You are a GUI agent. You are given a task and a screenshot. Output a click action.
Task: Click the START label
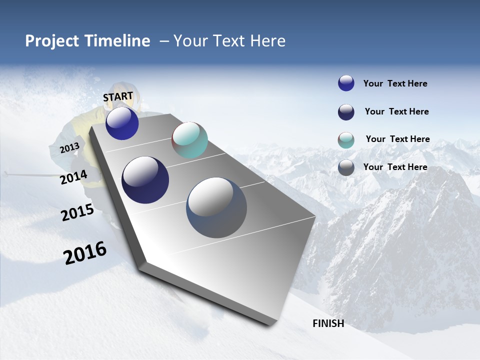pyautogui.click(x=118, y=96)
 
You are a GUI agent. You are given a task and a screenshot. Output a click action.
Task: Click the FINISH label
pyautogui.click(x=328, y=323)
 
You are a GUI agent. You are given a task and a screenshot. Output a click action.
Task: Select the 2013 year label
pyautogui.click(x=69, y=148)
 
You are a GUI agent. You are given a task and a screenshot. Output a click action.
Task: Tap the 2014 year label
pyautogui.click(x=73, y=177)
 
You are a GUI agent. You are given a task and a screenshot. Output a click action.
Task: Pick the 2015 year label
pyautogui.click(x=77, y=212)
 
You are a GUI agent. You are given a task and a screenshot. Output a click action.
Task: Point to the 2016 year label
pyautogui.click(x=85, y=253)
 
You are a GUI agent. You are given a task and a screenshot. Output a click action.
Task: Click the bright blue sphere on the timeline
pyautogui.click(x=122, y=123)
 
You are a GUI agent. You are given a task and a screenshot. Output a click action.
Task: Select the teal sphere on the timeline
pyautogui.click(x=189, y=140)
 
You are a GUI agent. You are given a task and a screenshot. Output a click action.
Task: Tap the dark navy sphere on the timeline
pyautogui.click(x=145, y=180)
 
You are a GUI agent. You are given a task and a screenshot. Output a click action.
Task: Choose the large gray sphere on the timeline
pyautogui.click(x=216, y=207)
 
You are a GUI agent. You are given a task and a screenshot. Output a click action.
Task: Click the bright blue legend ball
pyautogui.click(x=346, y=83)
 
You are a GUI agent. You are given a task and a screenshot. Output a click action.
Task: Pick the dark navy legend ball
pyautogui.click(x=346, y=112)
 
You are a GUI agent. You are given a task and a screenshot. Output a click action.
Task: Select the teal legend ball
pyautogui.click(x=346, y=140)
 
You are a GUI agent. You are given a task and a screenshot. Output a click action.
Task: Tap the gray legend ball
pyautogui.click(x=346, y=167)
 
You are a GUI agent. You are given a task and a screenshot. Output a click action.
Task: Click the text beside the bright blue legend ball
pyautogui.click(x=395, y=83)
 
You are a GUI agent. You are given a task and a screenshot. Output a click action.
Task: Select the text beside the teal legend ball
pyautogui.click(x=397, y=139)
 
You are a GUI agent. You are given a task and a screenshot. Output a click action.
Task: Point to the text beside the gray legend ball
pyautogui.click(x=395, y=167)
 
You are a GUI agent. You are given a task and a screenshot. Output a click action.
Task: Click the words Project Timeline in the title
pyautogui.click(x=87, y=41)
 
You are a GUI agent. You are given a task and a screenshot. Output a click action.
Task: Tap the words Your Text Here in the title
pyautogui.click(x=229, y=41)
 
